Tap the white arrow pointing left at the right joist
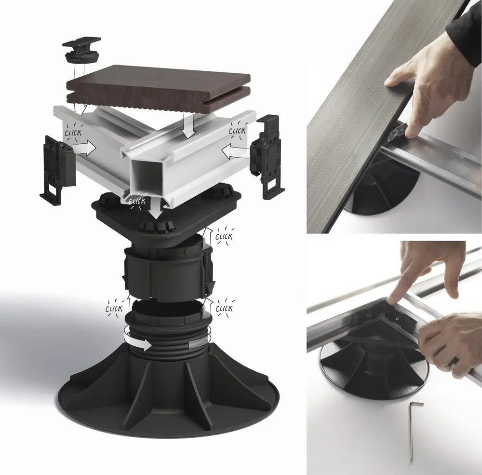(236, 151)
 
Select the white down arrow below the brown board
(188, 126)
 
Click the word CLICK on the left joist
(73, 133)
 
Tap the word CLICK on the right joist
(237, 131)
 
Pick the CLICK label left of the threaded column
(114, 309)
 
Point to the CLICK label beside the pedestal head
(224, 237)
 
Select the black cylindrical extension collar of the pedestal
(167, 271)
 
